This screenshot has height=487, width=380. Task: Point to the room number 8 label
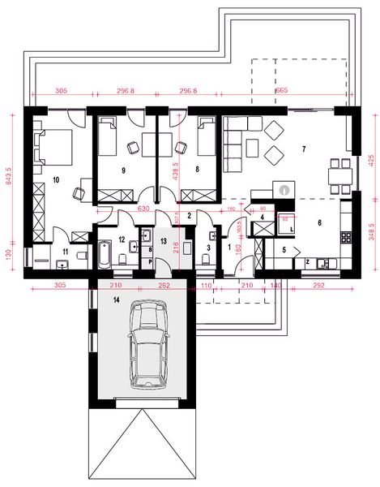tap(198, 170)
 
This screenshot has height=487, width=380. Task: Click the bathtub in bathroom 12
tap(105, 253)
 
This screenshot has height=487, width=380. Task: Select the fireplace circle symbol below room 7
tap(283, 188)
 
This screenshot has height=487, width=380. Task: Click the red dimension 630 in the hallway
tap(145, 209)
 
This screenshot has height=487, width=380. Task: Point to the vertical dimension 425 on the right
tap(369, 158)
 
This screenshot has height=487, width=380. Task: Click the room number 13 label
tap(163, 240)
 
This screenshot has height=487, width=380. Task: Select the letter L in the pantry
tap(290, 231)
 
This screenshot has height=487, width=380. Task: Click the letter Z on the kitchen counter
tap(309, 261)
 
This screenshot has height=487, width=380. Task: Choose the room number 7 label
tap(303, 149)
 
